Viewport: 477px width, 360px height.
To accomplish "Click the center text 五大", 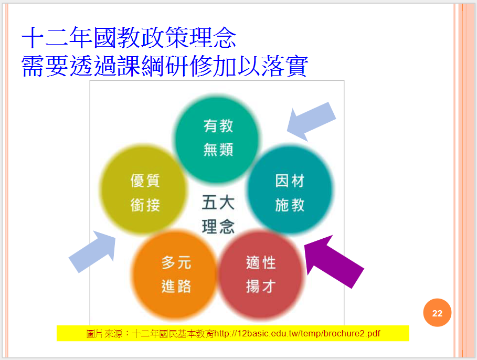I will [218, 203].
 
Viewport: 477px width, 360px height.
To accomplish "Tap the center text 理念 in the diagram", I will [218, 227].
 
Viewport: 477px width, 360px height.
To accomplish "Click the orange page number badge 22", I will [437, 314].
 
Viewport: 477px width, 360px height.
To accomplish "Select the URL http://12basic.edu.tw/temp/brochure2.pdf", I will [297, 333].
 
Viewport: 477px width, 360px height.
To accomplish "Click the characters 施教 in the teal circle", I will [290, 205].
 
